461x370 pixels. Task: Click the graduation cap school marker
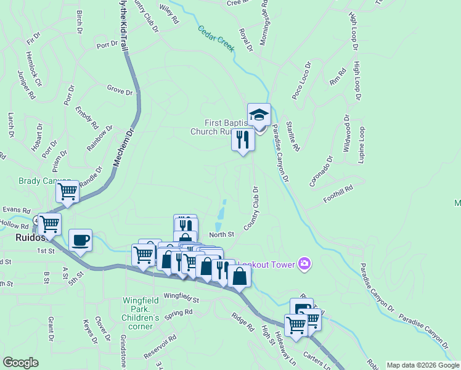click(x=259, y=115)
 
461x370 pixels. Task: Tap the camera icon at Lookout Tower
click(x=304, y=265)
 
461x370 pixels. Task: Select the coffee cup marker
click(x=80, y=239)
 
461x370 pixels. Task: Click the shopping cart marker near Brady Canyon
click(x=67, y=192)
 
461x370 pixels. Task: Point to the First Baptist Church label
click(x=219, y=127)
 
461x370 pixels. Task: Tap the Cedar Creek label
click(x=216, y=39)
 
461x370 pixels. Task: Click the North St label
click(x=222, y=234)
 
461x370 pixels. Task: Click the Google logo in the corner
click(x=20, y=363)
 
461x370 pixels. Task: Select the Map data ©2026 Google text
click(x=422, y=365)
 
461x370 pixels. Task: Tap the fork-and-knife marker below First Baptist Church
click(x=243, y=141)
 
